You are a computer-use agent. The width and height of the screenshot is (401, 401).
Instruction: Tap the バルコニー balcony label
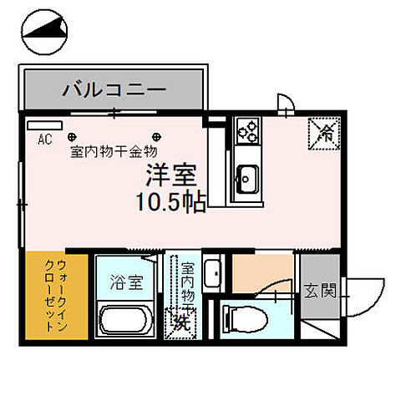click(x=113, y=89)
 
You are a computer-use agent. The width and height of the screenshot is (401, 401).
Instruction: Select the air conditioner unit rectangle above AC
click(x=39, y=125)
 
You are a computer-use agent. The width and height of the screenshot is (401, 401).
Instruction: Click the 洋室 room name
click(x=173, y=175)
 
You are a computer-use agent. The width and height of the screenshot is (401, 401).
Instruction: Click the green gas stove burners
click(x=249, y=130)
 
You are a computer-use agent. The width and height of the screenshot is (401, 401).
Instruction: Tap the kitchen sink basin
click(x=248, y=177)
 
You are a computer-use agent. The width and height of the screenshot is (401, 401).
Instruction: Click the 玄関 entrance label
click(x=320, y=292)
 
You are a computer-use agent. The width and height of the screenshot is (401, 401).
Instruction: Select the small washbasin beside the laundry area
click(x=212, y=273)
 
